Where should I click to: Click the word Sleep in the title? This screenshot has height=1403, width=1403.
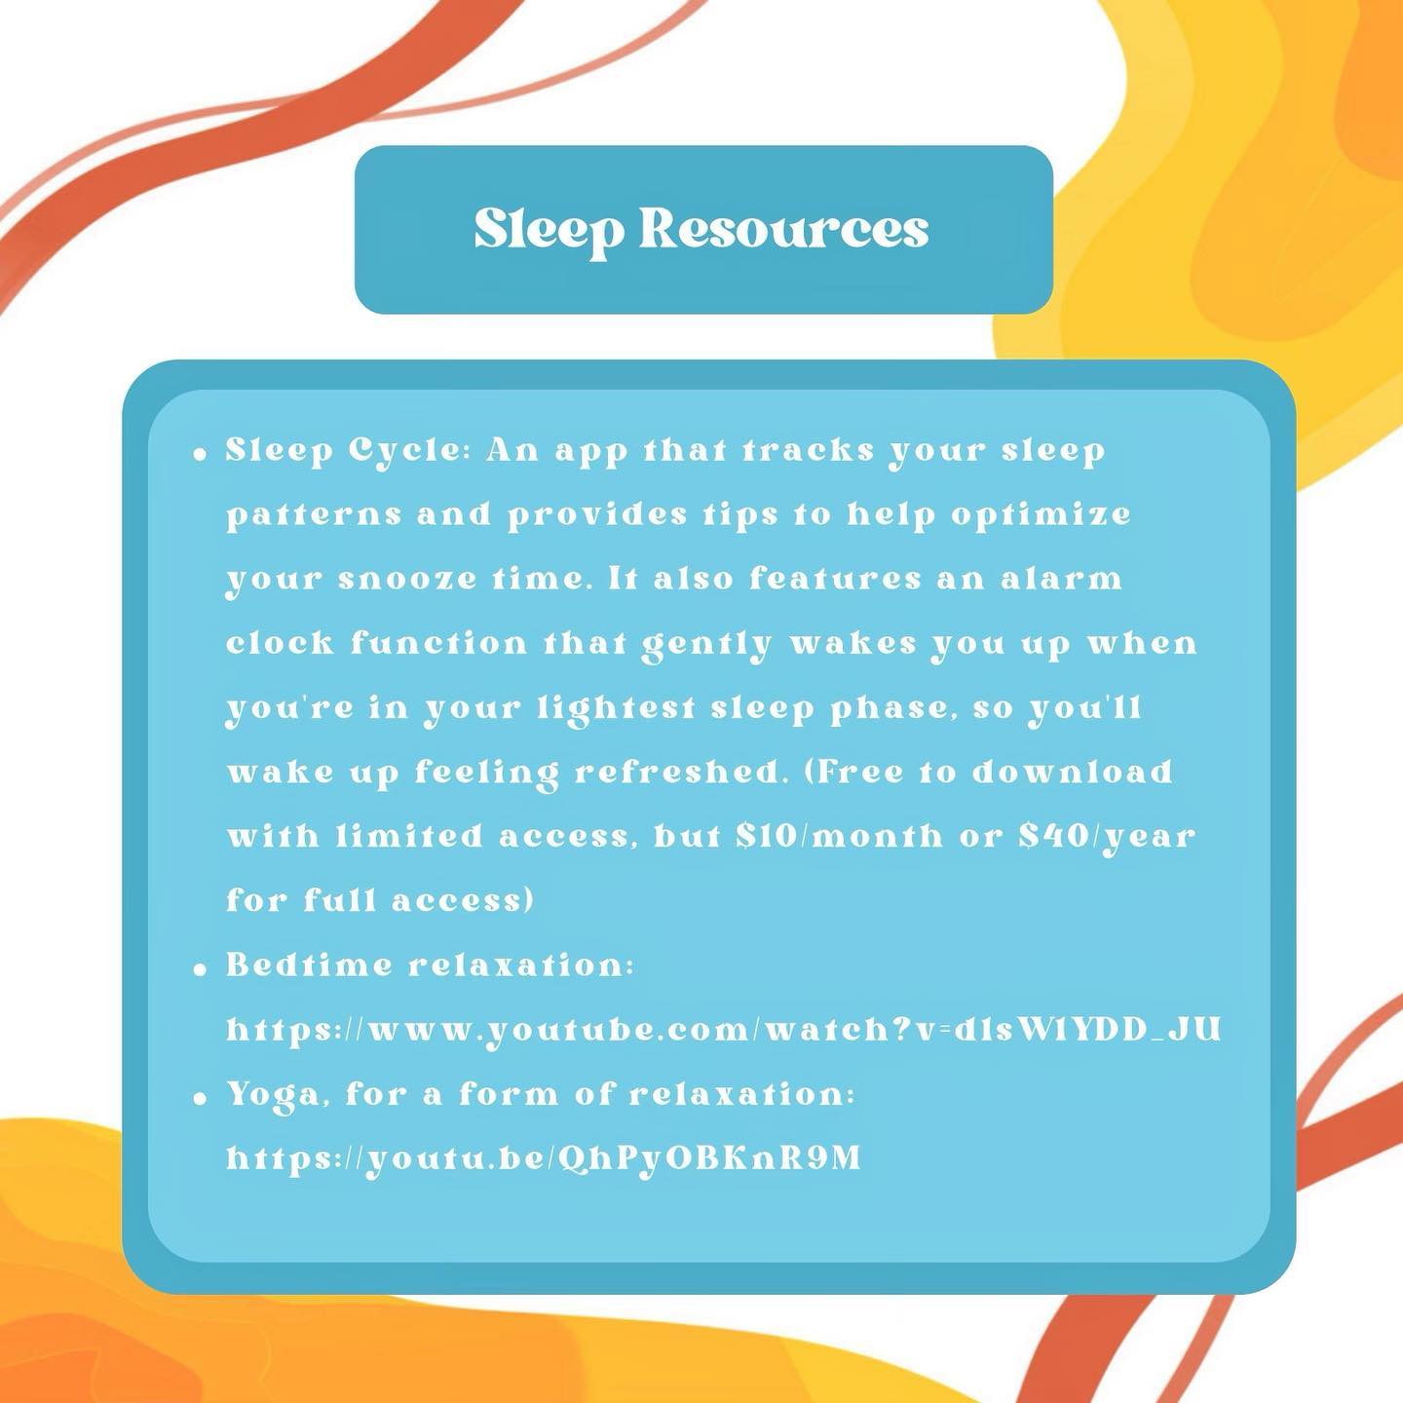[x=549, y=229]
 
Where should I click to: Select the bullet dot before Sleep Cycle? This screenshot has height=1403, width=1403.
[x=201, y=455]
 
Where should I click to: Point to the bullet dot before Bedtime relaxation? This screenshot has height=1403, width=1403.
[x=201, y=969]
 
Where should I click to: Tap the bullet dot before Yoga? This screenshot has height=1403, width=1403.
[x=201, y=1099]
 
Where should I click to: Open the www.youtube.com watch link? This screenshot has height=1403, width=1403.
[x=724, y=1030]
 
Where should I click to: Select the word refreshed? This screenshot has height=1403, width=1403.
[x=678, y=773]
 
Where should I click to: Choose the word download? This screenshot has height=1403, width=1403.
[x=1073, y=772]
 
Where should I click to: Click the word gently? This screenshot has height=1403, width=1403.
[x=705, y=646]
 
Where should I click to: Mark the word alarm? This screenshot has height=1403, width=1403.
[x=1061, y=580]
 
